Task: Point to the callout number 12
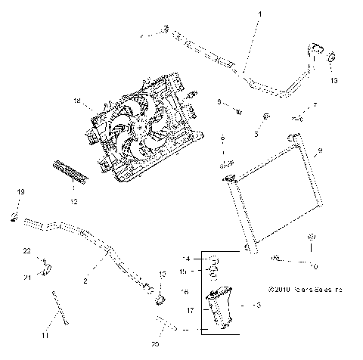tap(74, 202)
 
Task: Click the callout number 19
tap(21, 193)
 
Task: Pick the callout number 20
tap(156, 343)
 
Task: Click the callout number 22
tap(26, 250)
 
